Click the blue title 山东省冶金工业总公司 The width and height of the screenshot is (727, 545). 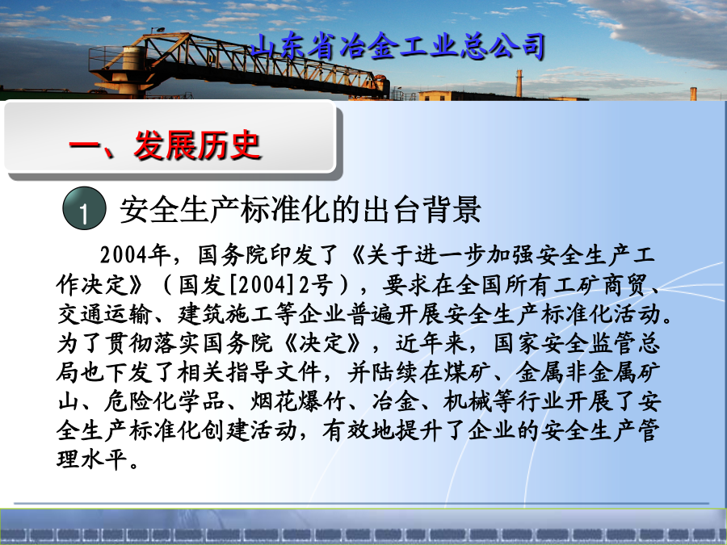click(397, 46)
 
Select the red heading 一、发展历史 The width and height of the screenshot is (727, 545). click(165, 145)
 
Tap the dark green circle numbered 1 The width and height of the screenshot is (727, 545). click(84, 208)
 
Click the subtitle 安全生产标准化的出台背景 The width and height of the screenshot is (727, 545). click(300, 210)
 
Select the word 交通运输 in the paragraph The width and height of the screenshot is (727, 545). click(104, 314)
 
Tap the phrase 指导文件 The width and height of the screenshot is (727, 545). click(274, 372)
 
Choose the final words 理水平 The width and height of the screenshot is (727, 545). click(92, 459)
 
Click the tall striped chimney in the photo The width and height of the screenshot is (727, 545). click(519, 83)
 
